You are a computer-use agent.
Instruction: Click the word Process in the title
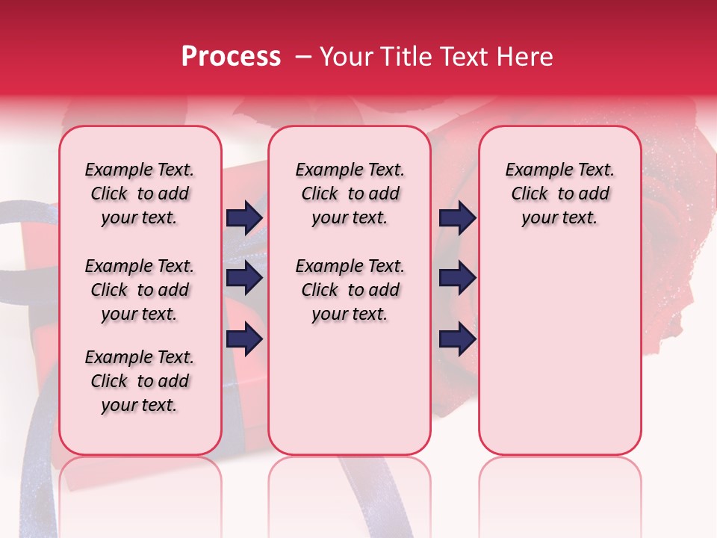231,57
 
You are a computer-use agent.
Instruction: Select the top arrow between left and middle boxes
244,217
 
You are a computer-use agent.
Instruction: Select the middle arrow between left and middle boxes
244,278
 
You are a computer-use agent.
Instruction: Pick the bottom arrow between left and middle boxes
244,339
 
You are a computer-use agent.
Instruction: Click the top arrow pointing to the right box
457,217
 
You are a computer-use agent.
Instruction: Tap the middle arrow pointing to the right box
457,278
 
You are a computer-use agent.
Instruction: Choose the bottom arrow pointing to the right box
457,339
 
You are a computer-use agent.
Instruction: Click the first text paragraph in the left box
140,194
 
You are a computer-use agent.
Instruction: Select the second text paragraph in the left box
140,290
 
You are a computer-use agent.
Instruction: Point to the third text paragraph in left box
140,381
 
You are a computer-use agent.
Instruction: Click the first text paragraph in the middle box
350,194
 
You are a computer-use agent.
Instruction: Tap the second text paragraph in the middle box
350,290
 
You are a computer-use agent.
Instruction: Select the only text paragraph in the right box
559,194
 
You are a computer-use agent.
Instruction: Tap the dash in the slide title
303,58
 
